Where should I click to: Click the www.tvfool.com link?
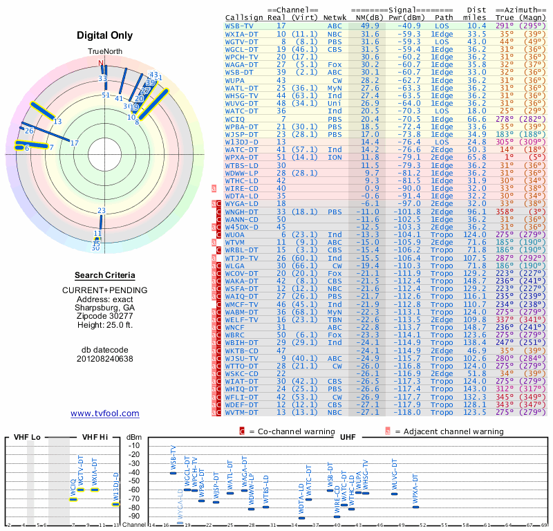point(104,413)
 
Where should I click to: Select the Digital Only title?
point(104,35)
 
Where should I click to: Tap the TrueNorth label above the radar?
point(104,52)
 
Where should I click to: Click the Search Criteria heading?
point(104,274)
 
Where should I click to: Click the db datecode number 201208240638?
point(104,358)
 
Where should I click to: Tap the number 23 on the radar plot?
point(102,211)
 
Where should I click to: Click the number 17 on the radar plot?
point(74,142)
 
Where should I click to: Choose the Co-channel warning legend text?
point(293,431)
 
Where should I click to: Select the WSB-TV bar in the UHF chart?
point(173,472)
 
